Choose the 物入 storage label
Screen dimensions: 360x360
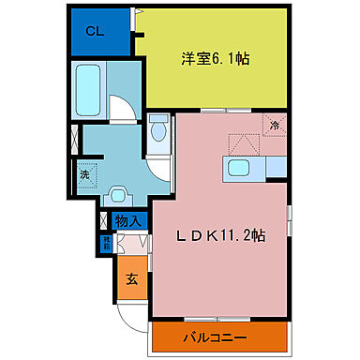click(x=128, y=222)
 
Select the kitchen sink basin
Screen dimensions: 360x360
click(x=238, y=169)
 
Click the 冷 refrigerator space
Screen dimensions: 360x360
click(x=275, y=126)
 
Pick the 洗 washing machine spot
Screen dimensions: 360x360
click(x=84, y=173)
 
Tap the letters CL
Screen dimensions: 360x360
click(x=95, y=31)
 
